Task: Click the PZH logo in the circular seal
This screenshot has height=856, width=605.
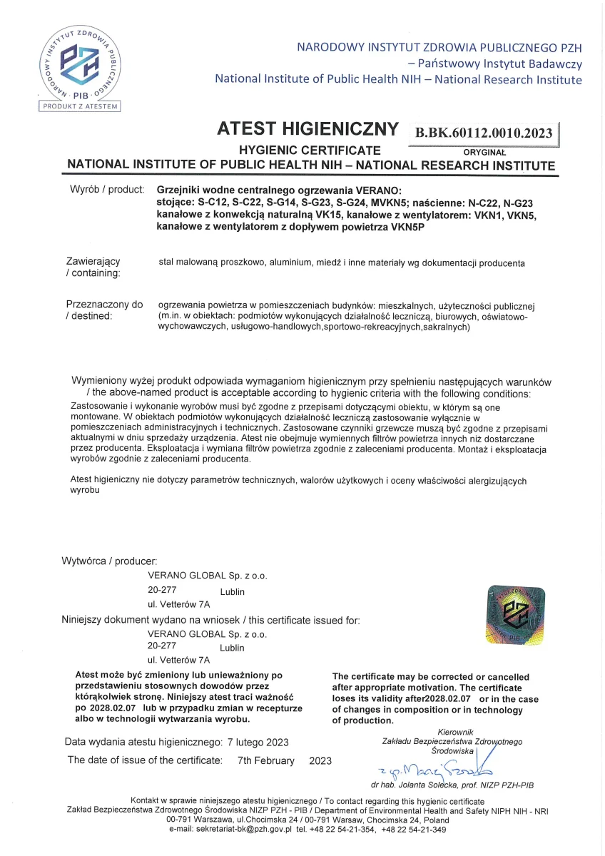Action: [x=80, y=62]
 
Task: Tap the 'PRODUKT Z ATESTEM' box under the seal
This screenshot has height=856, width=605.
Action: [x=80, y=106]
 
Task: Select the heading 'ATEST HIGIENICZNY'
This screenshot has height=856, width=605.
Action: [x=307, y=129]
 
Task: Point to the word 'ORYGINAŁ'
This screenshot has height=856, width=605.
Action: [x=484, y=152]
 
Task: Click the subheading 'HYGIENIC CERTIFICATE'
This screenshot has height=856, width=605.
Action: [x=309, y=151]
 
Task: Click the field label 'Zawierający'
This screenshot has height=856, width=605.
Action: [x=93, y=262]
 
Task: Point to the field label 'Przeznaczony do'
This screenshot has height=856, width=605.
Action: [x=104, y=305]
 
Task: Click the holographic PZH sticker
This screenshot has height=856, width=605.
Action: [x=515, y=612]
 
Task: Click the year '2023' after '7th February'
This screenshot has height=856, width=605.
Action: [x=320, y=760]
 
